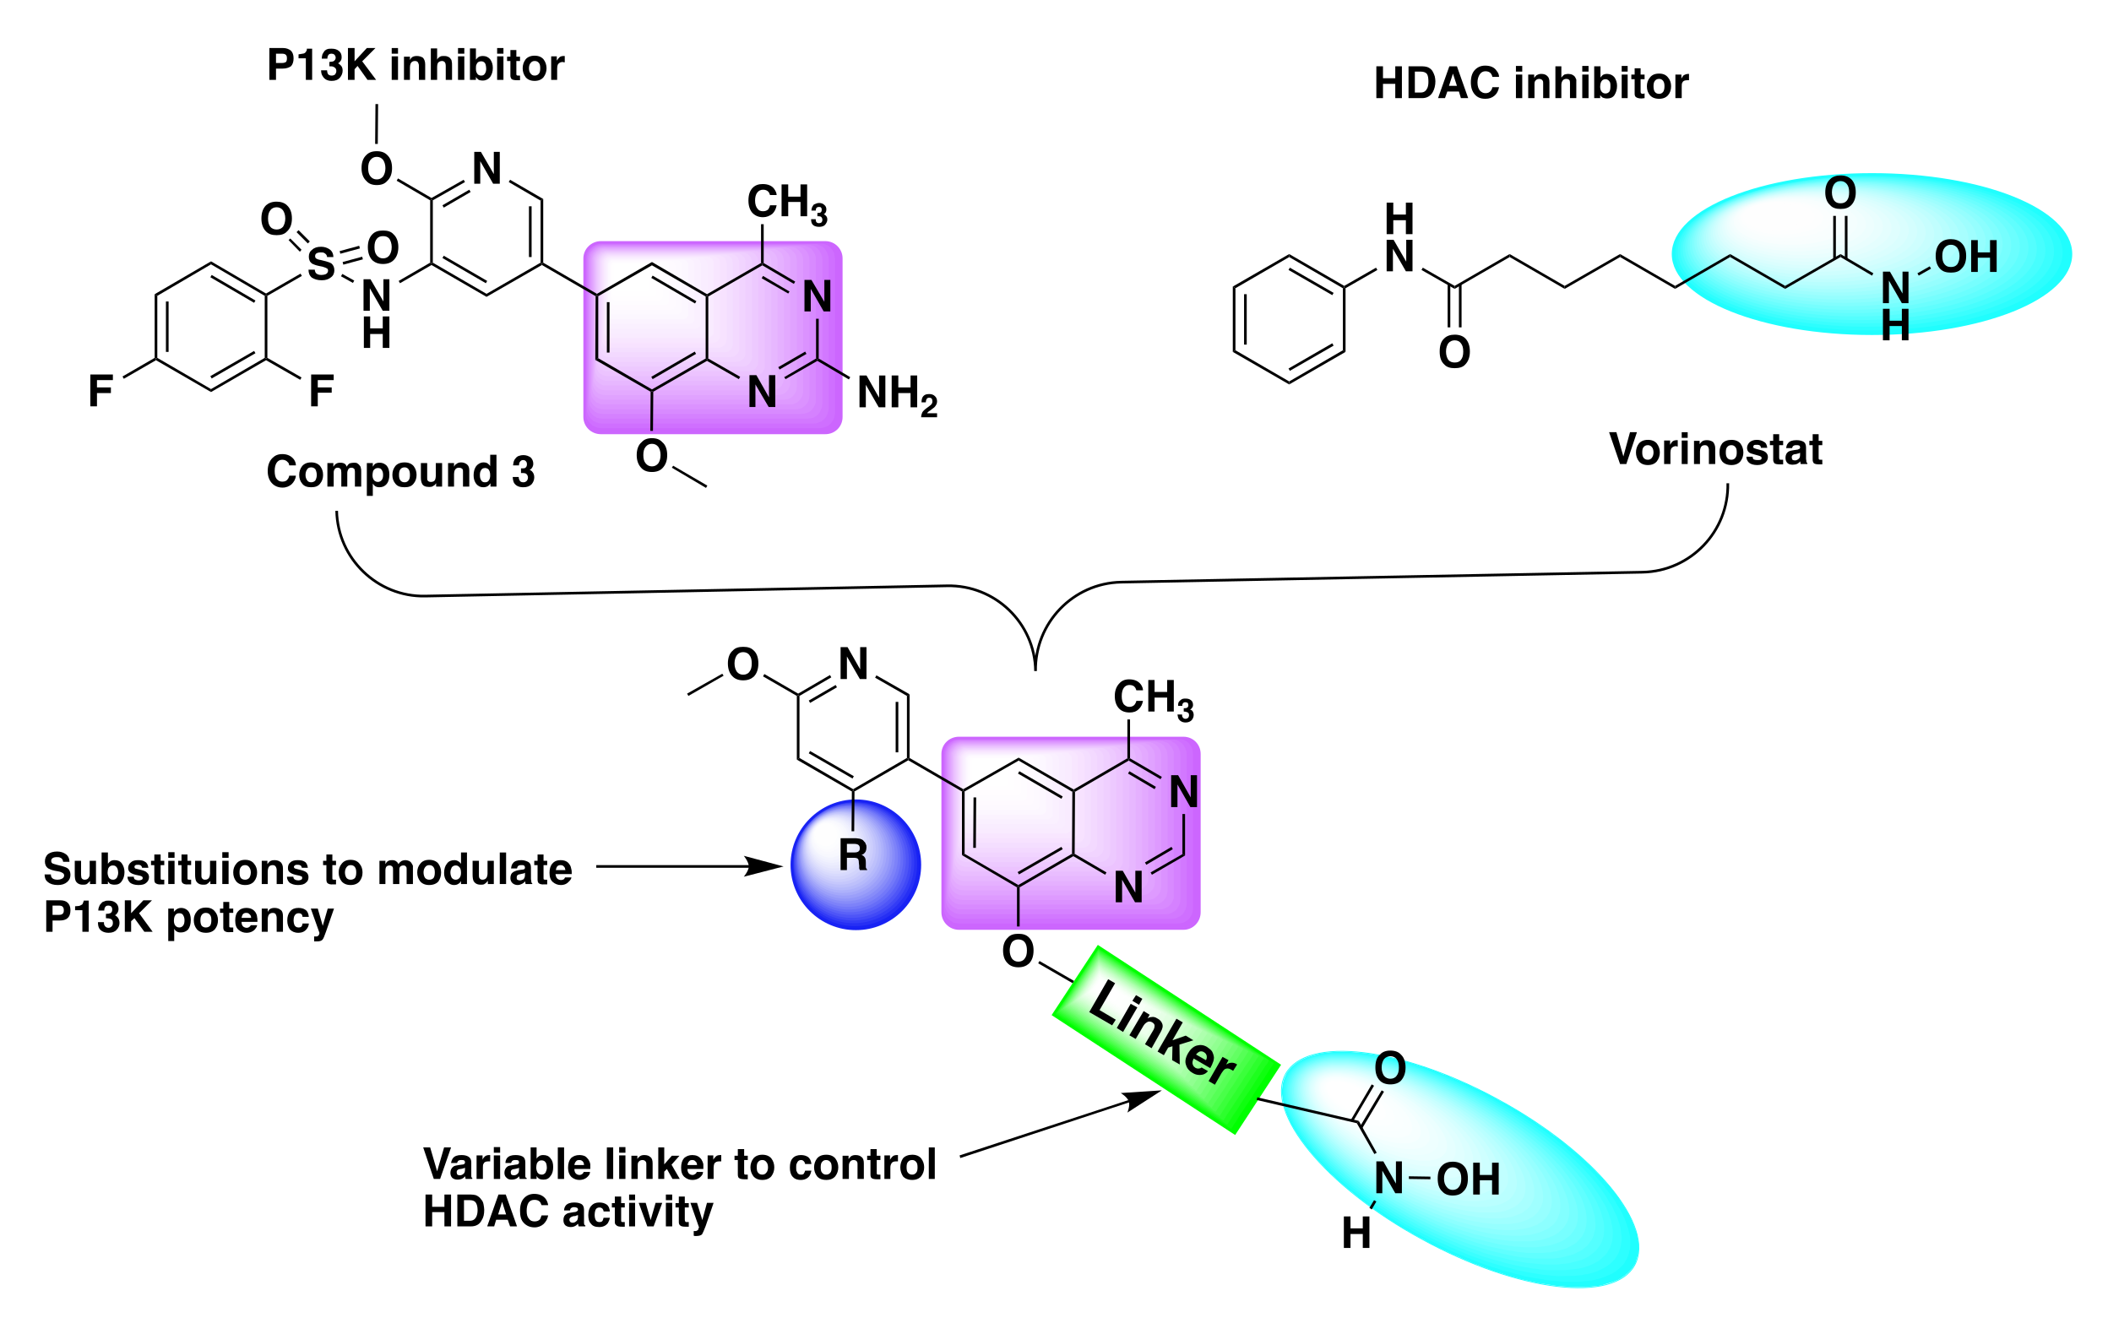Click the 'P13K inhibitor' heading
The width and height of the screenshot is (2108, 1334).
click(x=415, y=66)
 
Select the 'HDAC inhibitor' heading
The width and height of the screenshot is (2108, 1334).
click(x=1530, y=84)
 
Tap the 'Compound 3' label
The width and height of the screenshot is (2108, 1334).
click(x=400, y=472)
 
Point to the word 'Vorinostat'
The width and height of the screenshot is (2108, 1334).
click(x=1715, y=450)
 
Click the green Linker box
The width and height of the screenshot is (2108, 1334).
click(x=1165, y=1040)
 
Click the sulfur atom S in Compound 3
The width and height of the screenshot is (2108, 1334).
click(x=321, y=264)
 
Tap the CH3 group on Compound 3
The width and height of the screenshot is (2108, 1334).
click(x=785, y=203)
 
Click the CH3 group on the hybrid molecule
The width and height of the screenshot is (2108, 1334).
click(x=1152, y=699)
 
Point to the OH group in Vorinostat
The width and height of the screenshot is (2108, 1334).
click(x=1966, y=258)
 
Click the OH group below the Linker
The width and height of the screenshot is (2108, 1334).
click(x=1468, y=1180)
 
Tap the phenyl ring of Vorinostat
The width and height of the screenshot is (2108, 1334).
click(x=1289, y=319)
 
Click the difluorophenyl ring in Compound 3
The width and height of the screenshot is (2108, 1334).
click(x=211, y=327)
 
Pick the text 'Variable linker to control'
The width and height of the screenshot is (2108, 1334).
click(x=679, y=1165)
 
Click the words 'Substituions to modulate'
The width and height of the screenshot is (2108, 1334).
click(x=307, y=870)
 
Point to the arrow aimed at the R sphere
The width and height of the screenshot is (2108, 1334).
click(x=687, y=866)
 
